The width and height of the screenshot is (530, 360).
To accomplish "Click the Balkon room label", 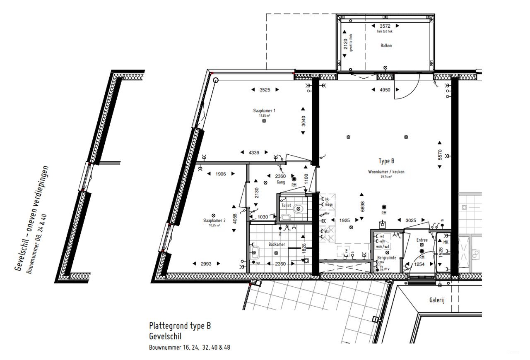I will point(386,46).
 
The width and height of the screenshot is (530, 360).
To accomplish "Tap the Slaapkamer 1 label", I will point(264,110).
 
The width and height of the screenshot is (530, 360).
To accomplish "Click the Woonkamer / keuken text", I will point(386,172).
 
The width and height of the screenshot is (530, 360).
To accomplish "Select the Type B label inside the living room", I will point(386,161).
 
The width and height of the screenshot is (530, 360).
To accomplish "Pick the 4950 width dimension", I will point(385,90).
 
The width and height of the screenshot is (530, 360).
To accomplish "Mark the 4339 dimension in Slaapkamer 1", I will point(254,153).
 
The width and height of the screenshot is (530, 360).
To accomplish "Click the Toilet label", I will point(286,206).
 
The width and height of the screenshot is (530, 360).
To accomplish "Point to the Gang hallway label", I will point(282,182).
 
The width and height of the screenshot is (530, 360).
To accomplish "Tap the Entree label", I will point(422,240).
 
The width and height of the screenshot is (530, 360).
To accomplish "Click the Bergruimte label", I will point(387,258).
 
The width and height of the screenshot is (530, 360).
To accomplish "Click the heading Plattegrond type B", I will point(180,326).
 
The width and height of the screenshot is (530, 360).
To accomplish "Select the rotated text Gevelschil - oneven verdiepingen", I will point(32,218).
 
